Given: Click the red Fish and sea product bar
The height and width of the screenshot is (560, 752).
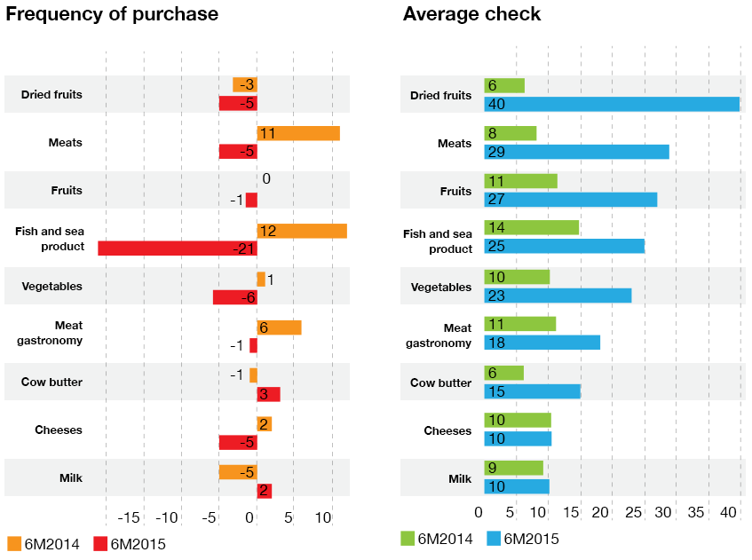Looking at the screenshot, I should click(177, 248).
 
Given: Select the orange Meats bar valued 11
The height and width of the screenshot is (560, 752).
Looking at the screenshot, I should click(298, 133).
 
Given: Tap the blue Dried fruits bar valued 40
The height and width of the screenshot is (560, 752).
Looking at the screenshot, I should click(612, 104).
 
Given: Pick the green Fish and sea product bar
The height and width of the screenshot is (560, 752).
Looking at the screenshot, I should click(531, 227).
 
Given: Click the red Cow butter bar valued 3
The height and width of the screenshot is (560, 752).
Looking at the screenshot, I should click(268, 394).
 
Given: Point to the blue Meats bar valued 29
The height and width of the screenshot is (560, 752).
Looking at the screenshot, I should click(576, 152).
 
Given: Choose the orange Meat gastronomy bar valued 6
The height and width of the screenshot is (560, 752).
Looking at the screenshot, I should click(279, 327).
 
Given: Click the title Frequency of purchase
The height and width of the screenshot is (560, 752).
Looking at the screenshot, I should click(112, 14).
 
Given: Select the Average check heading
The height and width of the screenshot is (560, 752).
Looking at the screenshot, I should click(471, 14).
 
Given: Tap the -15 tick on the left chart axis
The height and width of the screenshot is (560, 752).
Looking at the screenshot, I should click(130, 517).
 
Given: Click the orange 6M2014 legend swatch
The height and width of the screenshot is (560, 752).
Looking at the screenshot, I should click(14, 543).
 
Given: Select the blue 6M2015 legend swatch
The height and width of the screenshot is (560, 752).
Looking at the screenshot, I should click(495, 538).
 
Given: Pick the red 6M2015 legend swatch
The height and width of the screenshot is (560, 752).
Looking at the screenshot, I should click(100, 543).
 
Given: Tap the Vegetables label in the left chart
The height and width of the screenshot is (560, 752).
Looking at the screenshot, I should click(52, 287).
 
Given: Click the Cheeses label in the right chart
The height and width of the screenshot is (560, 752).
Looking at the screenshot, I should click(447, 430).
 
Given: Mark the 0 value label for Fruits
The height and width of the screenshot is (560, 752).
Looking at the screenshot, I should click(265, 179).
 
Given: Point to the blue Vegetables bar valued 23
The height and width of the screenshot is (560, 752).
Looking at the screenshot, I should click(558, 296).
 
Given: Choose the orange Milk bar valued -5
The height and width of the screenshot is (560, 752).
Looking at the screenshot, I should click(238, 472).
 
